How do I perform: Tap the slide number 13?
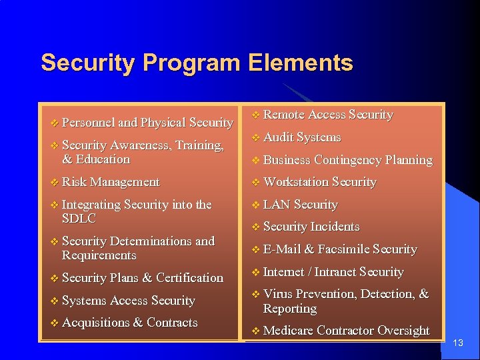[x=457, y=343]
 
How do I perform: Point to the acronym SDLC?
[x=79, y=219]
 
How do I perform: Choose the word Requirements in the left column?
[x=99, y=256]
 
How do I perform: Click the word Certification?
[x=190, y=278]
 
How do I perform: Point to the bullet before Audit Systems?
[x=255, y=138]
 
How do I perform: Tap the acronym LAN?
[x=277, y=205]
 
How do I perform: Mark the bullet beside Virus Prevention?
[x=255, y=295]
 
